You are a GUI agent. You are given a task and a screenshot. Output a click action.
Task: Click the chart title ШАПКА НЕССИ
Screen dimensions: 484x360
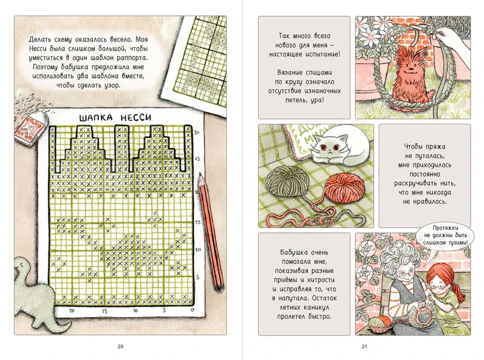click(115, 118)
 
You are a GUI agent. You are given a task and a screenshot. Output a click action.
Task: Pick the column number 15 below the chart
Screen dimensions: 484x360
click(104, 311)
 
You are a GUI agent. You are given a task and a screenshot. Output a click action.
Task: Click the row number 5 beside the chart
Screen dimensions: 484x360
click(198, 277)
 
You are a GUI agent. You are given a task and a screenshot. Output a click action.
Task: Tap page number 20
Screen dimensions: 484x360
click(121, 346)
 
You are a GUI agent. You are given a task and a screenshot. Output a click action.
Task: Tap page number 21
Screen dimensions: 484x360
click(365, 346)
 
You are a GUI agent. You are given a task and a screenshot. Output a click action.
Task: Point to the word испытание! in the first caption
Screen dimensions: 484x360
click(323, 54)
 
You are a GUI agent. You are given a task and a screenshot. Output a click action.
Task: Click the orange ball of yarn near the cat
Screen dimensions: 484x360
click(344, 187)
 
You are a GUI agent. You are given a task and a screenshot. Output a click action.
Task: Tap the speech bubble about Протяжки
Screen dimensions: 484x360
click(445, 235)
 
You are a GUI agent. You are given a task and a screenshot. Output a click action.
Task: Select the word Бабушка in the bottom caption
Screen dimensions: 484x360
click(291, 253)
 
